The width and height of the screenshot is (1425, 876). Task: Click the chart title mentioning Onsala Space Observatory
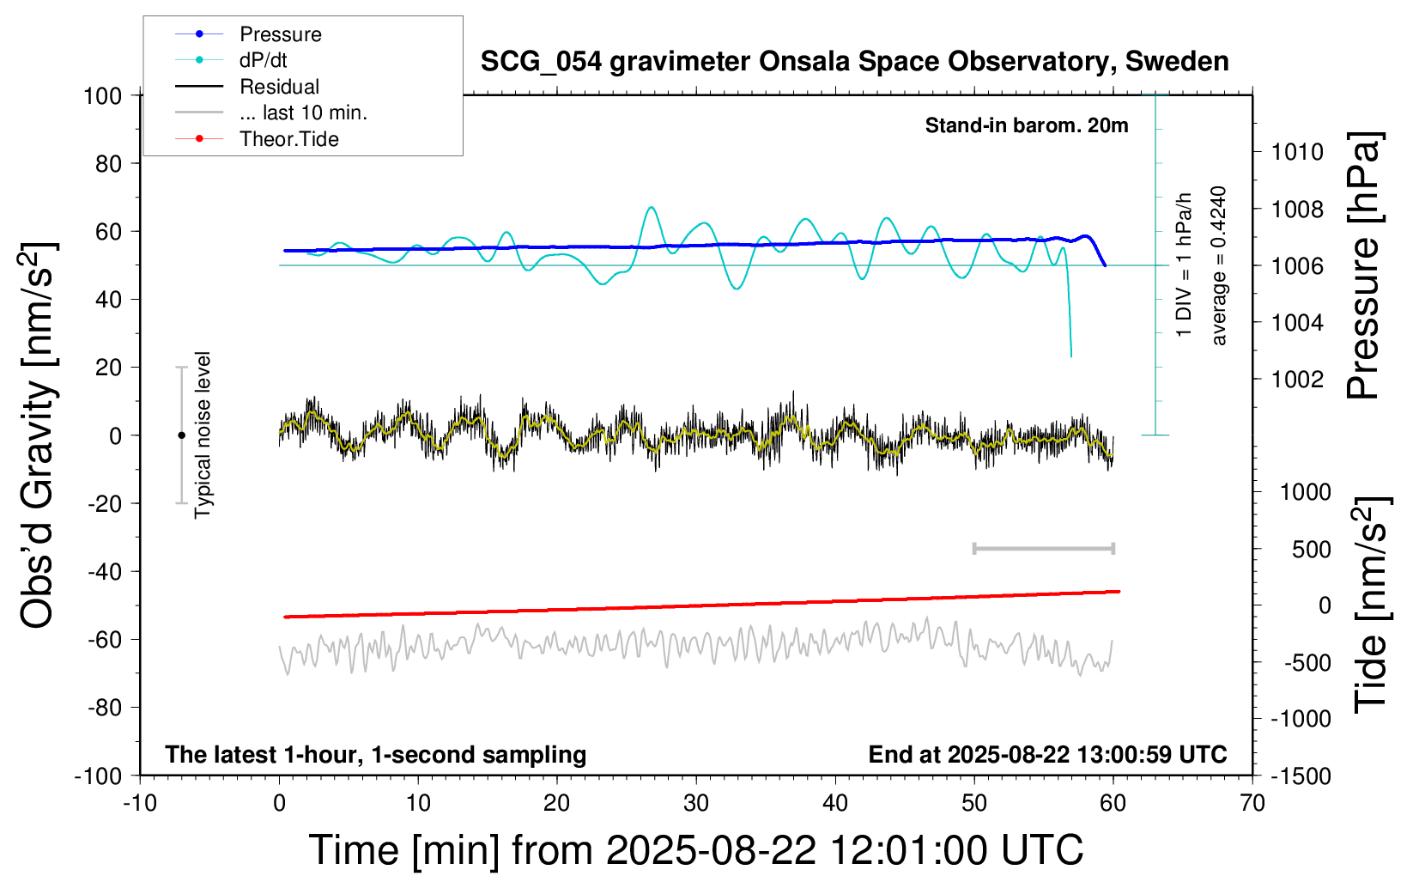coord(854,62)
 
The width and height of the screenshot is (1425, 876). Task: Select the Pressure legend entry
coord(280,34)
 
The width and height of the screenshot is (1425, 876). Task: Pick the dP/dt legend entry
coord(263,60)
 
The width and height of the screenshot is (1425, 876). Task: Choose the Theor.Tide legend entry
coord(288,139)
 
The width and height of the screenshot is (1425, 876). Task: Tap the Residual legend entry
coord(279,87)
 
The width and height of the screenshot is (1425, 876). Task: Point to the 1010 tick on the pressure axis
coord(1297,152)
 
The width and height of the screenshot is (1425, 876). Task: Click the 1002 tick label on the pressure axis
coord(1297,380)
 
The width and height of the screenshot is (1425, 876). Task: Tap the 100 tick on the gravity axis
coord(102,95)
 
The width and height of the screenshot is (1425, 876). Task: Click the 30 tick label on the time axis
coord(696,804)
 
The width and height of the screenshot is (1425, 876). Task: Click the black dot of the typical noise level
coord(181,435)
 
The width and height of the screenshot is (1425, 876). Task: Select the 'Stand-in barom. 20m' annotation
coord(1026,125)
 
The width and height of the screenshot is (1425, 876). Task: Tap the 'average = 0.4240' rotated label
coord(1219,265)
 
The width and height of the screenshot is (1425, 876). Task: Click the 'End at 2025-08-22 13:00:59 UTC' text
coord(1047,755)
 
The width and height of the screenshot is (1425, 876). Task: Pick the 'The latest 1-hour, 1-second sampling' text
coord(376,755)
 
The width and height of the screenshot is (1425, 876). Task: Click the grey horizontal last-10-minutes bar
coord(1043,548)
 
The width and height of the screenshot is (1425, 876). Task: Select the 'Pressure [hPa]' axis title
coord(1363,265)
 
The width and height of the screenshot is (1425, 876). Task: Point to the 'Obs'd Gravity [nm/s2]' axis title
coord(38,435)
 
